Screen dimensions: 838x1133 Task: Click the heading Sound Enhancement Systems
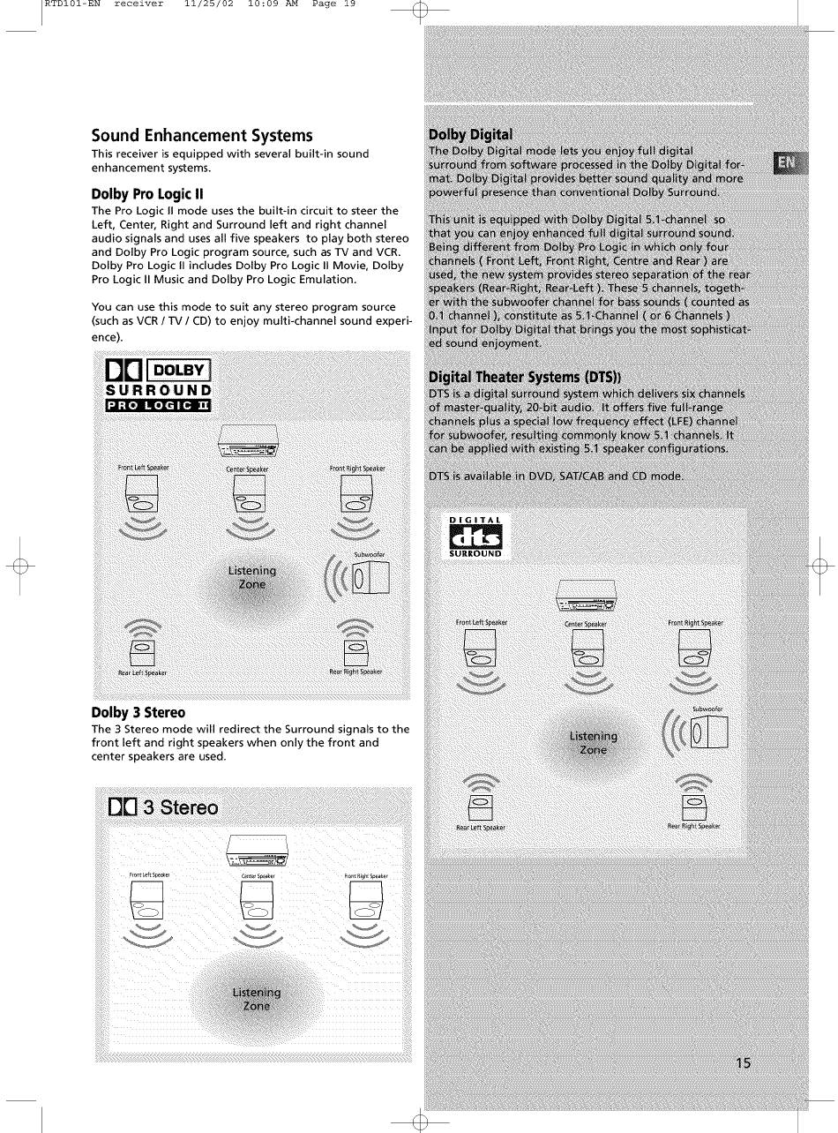[x=202, y=135]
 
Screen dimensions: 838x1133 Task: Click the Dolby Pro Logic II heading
[x=147, y=194]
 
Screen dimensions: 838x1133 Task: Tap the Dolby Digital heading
[x=470, y=135]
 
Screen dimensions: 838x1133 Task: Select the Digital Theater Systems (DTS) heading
[x=525, y=377]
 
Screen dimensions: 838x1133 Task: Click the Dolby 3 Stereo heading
[x=138, y=713]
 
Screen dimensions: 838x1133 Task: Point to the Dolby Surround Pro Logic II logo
[x=158, y=385]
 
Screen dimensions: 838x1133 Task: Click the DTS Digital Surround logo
[x=475, y=536]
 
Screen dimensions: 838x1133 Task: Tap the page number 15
[x=743, y=1063]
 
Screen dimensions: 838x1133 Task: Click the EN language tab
[x=787, y=163]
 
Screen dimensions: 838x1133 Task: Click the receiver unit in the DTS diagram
[x=586, y=596]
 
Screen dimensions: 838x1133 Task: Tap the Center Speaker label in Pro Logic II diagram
[x=247, y=469]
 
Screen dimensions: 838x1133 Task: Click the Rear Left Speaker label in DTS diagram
[x=481, y=828]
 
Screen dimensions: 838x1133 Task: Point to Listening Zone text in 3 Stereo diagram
[x=257, y=999]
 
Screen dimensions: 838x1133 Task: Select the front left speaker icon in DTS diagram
[x=480, y=647]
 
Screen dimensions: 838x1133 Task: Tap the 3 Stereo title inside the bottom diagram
[x=163, y=807]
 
